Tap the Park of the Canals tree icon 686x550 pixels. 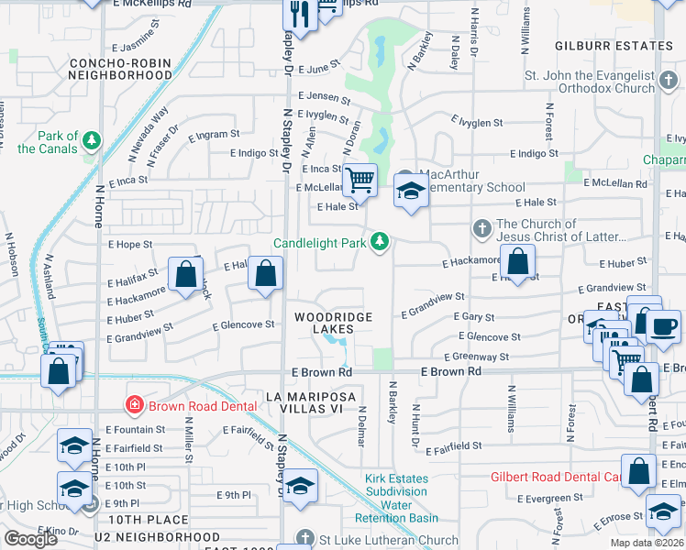click(x=91, y=140)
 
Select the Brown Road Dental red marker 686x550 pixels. click(x=135, y=404)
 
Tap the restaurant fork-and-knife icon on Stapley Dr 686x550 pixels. click(x=299, y=13)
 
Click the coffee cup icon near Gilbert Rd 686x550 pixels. click(x=663, y=326)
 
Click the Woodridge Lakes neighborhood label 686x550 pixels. click(x=333, y=323)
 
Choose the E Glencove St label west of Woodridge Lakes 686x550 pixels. click(x=243, y=324)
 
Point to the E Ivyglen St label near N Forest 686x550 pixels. click(x=477, y=122)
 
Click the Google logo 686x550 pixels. click(x=30, y=539)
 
